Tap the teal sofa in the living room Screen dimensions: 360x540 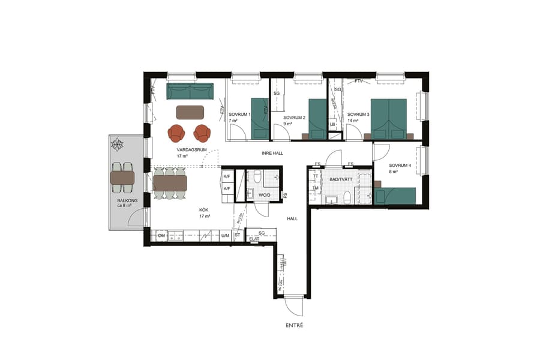(x=190, y=92)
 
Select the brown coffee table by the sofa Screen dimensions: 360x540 (x=190, y=112)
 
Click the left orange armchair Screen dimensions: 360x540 (x=177, y=132)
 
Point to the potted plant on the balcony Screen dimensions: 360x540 (x=117, y=144)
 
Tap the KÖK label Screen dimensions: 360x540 (x=205, y=210)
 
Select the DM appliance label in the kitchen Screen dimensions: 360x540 (x=161, y=236)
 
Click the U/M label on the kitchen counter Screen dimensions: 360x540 (x=225, y=236)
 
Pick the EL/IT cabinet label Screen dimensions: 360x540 (x=254, y=239)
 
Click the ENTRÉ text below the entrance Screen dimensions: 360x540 (x=294, y=325)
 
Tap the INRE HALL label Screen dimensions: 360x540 (x=272, y=153)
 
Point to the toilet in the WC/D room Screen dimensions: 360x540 (x=257, y=177)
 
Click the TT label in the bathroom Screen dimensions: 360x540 (x=315, y=176)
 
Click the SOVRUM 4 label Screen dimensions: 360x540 (x=400, y=165)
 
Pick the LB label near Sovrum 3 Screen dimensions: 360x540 (x=332, y=125)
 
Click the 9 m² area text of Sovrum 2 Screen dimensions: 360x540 (x=287, y=124)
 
